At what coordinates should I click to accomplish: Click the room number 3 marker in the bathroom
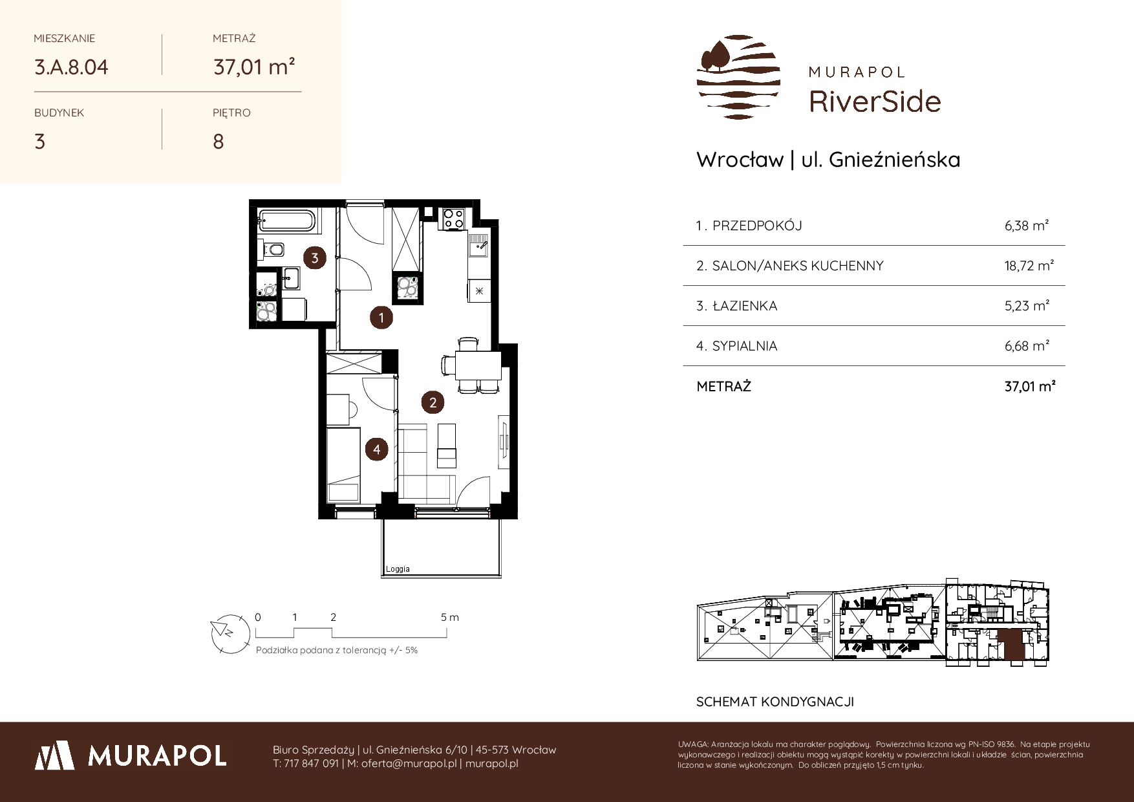315,258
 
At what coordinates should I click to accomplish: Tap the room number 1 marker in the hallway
381,318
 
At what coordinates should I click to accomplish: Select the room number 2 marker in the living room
433,403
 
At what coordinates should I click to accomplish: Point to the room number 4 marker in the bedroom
376,449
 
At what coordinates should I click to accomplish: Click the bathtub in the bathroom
288,221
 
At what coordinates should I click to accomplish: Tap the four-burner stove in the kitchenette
453,218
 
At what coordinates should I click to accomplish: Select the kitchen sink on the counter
478,246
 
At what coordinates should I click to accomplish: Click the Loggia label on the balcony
398,569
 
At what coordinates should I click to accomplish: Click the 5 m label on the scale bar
450,617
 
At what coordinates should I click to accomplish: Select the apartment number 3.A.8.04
71,67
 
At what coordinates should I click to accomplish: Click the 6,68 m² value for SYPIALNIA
1027,345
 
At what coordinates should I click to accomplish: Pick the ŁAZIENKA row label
736,306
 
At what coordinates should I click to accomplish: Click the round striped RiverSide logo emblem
739,77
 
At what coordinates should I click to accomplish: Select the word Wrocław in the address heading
740,160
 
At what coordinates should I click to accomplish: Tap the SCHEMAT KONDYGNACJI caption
775,702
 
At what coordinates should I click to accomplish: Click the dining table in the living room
478,365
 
